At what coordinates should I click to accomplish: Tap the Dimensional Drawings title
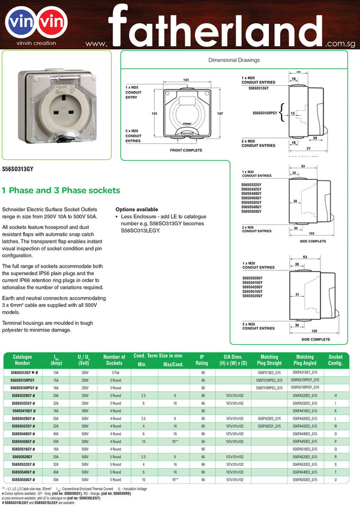pos(235,61)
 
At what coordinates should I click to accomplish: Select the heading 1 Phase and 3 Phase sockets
pos(61,191)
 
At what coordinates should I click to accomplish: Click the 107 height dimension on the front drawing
pos(220,113)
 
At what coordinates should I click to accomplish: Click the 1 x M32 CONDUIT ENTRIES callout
pos(256,174)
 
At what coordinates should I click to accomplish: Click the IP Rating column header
pos(203,359)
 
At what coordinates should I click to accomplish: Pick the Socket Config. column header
pos(335,359)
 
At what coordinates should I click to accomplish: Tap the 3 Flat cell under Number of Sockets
pos(115,372)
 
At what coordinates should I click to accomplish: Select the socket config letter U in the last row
pos(335,480)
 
